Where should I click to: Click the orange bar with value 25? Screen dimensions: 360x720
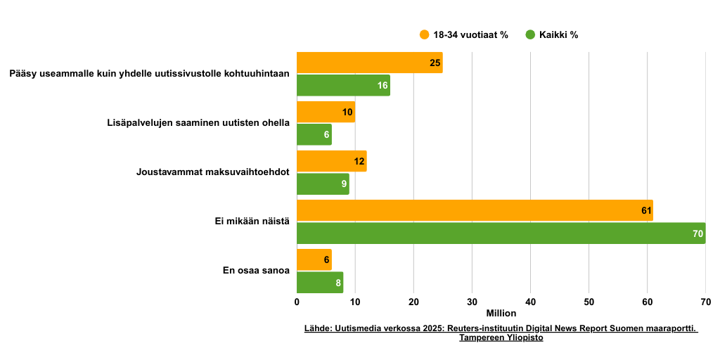pyautogui.click(x=369, y=63)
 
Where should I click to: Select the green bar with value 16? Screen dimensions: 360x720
pyautogui.click(x=343, y=85)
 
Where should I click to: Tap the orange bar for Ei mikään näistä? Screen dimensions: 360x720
pyautogui.click(x=475, y=210)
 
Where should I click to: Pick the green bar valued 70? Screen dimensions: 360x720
pyautogui.click(x=501, y=233)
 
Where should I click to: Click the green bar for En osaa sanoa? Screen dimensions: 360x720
pyautogui.click(x=320, y=283)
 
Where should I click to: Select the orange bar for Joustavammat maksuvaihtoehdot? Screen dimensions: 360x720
pyautogui.click(x=331, y=161)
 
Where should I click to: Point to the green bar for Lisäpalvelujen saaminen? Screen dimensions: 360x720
pyautogui.click(x=314, y=134)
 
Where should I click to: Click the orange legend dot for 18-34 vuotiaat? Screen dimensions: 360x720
pyautogui.click(x=424, y=34)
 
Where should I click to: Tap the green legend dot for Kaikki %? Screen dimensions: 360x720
pyautogui.click(x=530, y=34)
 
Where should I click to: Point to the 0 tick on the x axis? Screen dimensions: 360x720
pyautogui.click(x=297, y=302)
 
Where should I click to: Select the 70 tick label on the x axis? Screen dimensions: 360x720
pyautogui.click(x=705, y=302)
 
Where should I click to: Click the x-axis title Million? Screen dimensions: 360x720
pyautogui.click(x=501, y=313)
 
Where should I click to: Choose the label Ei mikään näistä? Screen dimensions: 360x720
pyautogui.click(x=252, y=221)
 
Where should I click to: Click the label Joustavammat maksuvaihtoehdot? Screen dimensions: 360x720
pyautogui.click(x=212, y=172)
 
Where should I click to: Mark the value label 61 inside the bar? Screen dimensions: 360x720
pyautogui.click(x=646, y=210)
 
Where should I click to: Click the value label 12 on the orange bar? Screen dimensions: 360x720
pyautogui.click(x=359, y=161)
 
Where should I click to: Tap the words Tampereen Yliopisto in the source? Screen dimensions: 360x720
pyautogui.click(x=501, y=337)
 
